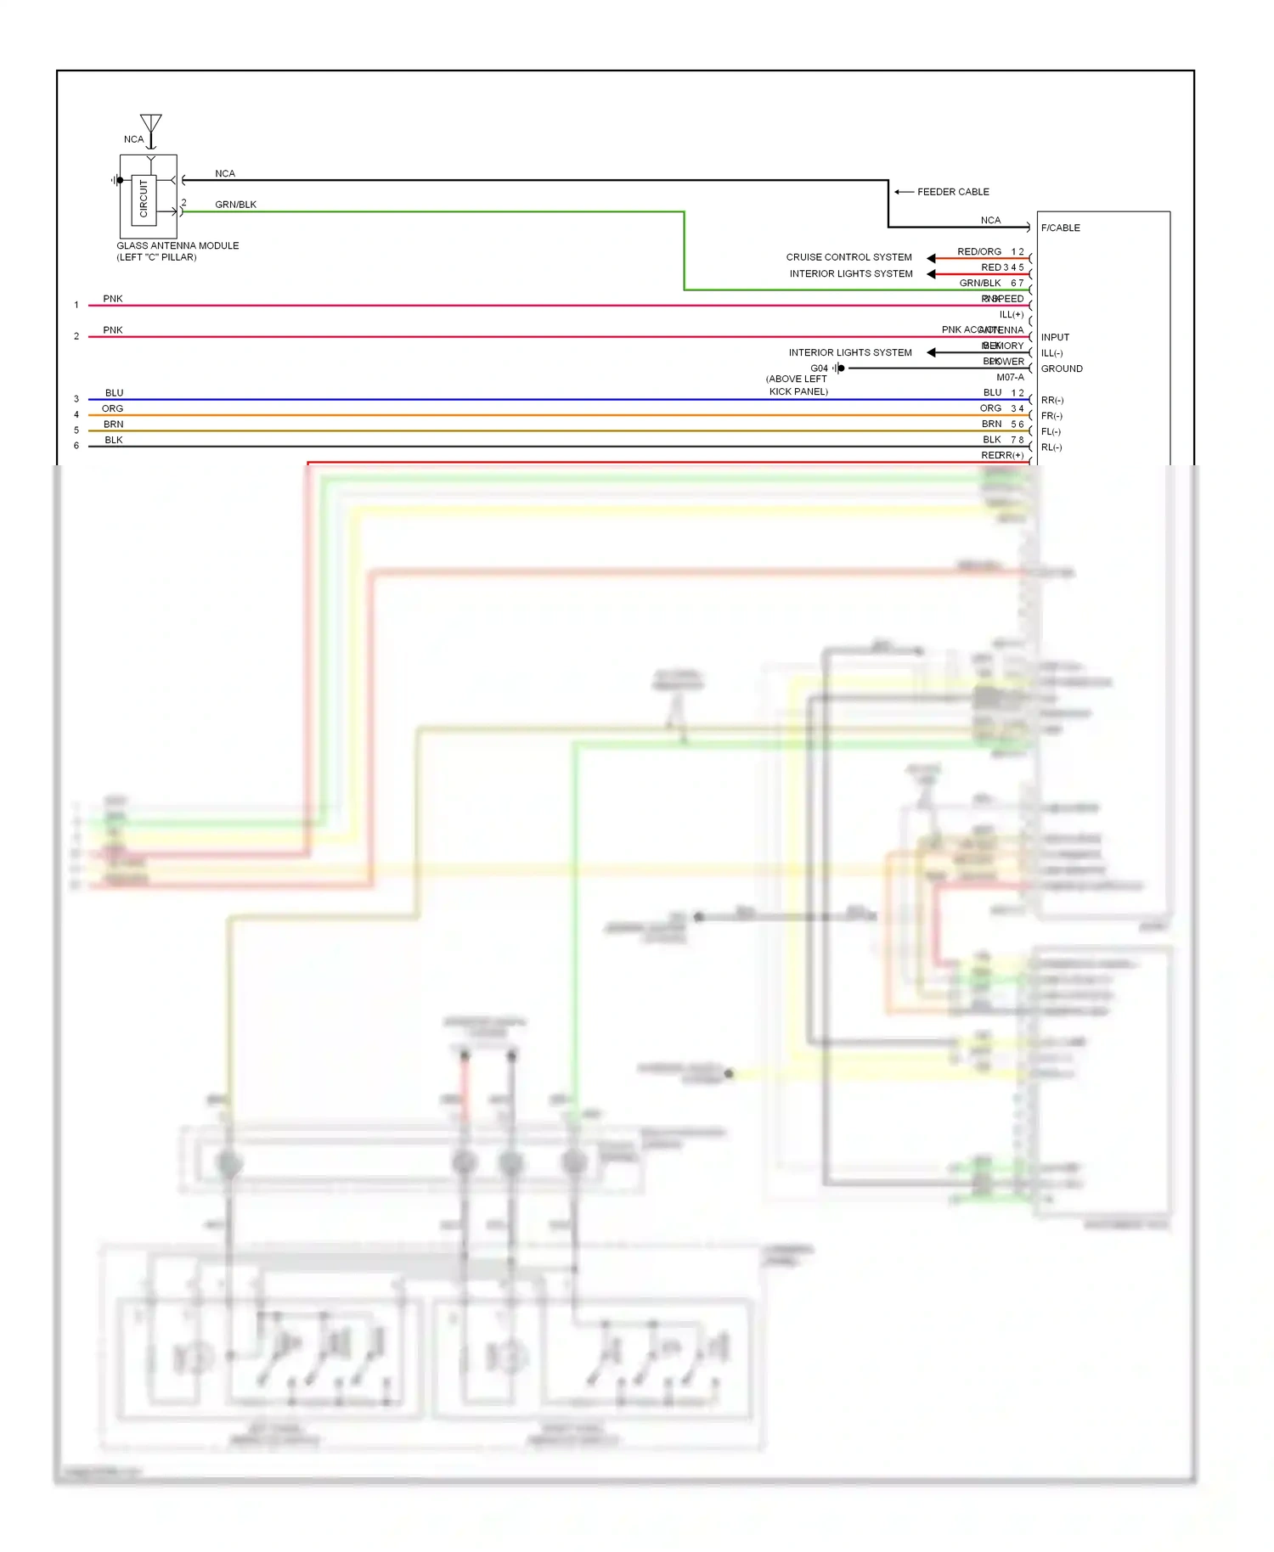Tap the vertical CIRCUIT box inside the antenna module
click(144, 199)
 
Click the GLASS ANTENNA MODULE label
click(178, 246)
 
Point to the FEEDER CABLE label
click(953, 192)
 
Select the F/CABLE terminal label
click(1061, 228)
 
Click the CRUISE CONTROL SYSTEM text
click(848, 257)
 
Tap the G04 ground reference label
click(819, 368)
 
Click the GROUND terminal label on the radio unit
click(1062, 369)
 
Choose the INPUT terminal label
click(1055, 338)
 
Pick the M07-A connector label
click(1010, 378)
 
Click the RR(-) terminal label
click(1052, 401)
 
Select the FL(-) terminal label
click(1051, 432)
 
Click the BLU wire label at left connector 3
click(115, 393)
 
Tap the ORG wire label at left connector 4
click(113, 409)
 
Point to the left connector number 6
click(76, 446)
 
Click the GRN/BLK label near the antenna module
click(235, 205)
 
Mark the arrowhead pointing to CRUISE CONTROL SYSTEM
click(931, 258)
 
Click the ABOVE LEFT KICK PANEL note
click(798, 385)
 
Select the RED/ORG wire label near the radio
click(979, 252)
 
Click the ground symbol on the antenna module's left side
click(115, 180)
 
